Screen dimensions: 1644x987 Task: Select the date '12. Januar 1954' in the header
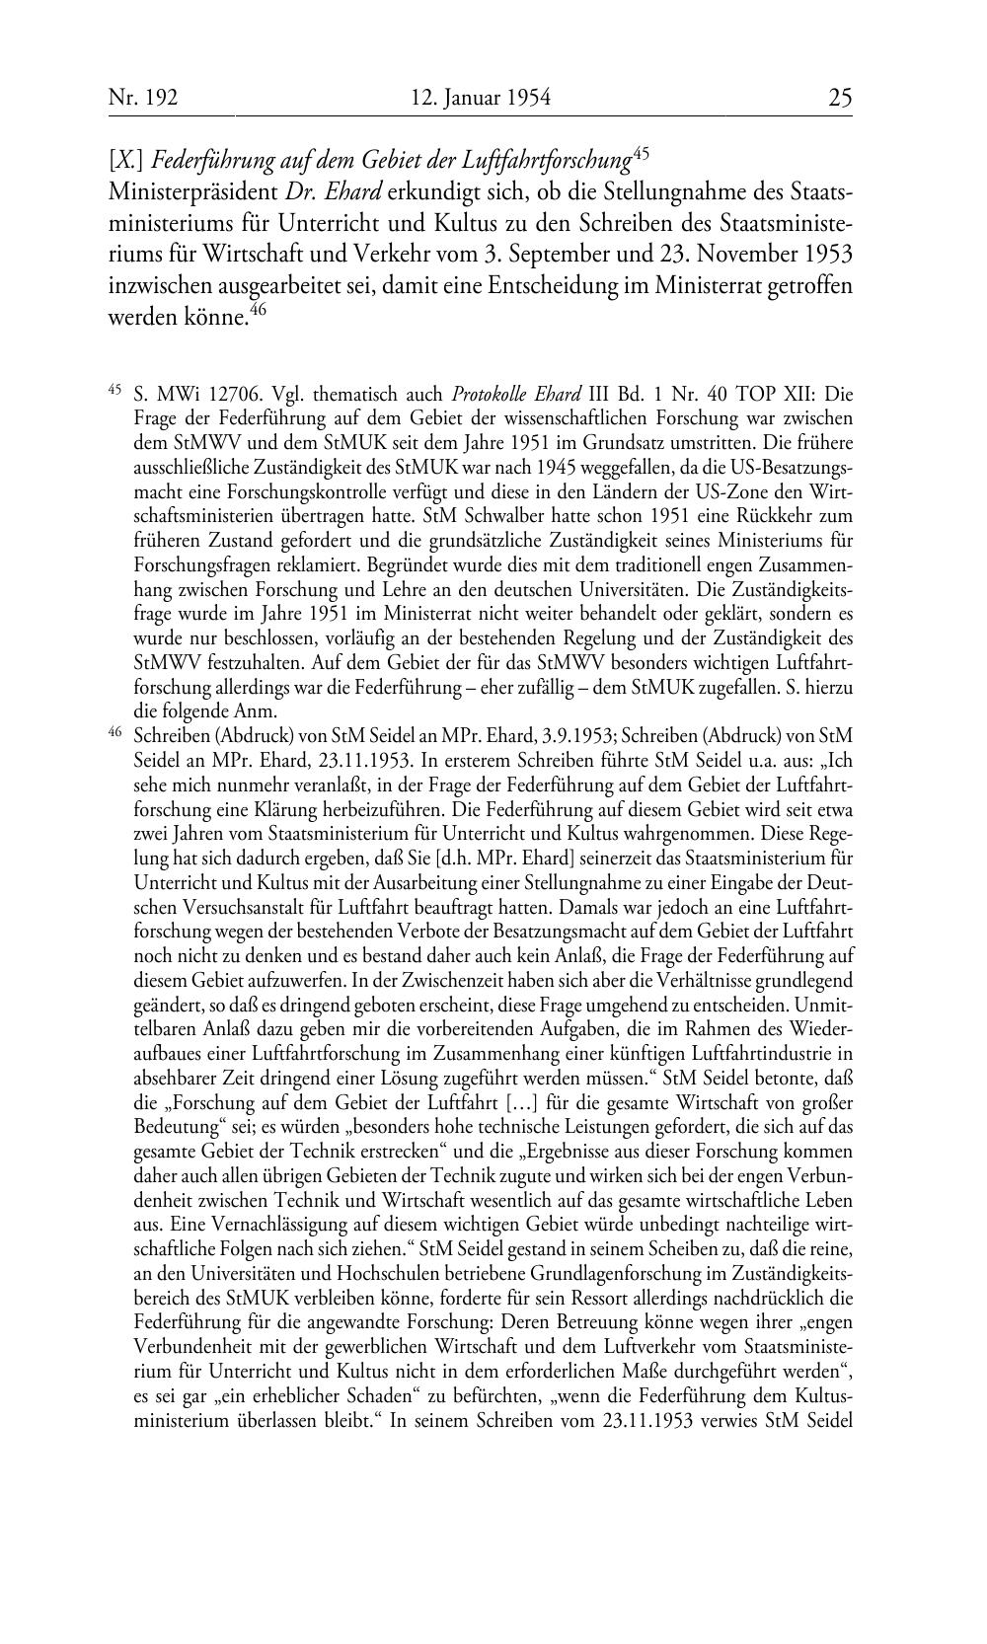click(480, 98)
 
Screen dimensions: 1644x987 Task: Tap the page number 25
click(840, 98)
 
